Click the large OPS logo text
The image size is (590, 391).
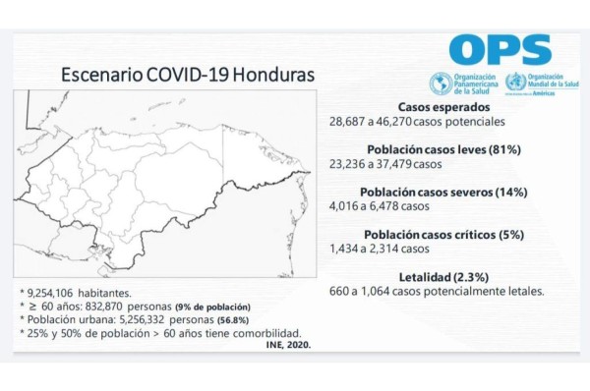pos(494,49)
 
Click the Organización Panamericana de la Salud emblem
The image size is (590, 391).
pos(439,84)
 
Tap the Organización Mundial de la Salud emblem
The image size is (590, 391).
pos(514,84)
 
